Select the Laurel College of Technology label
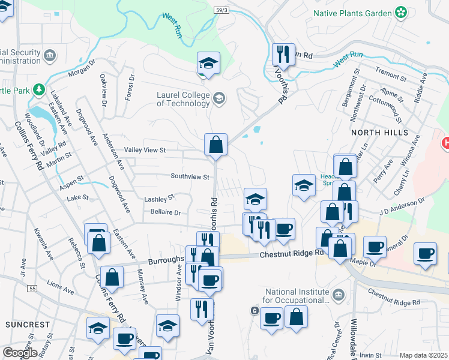[183, 99]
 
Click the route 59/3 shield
[221, 10]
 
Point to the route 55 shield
[32, 289]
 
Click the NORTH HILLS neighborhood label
[379, 132]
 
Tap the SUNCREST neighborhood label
[28, 325]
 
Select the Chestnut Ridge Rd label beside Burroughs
[291, 254]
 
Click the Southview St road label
[190, 177]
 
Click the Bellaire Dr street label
[165, 212]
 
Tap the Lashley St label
[158, 198]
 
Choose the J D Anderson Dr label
[402, 208]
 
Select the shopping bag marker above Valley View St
[215, 145]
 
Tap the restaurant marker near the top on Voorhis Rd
[282, 55]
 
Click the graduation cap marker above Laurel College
[208, 63]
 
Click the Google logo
[20, 353]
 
